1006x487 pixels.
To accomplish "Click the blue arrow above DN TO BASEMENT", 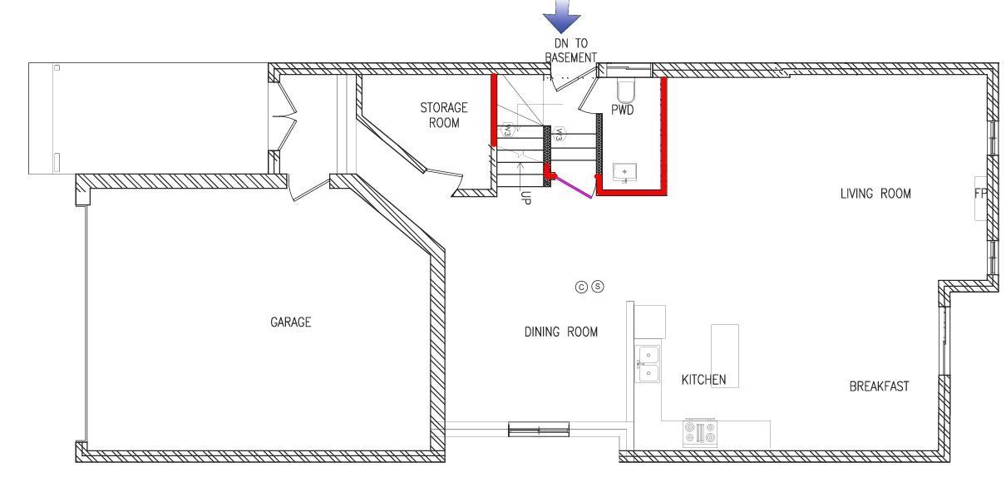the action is coord(562,17).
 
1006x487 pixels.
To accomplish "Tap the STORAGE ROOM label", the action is coord(444,116).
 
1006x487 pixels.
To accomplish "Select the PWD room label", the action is coord(623,110).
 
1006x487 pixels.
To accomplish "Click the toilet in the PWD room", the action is coord(625,91).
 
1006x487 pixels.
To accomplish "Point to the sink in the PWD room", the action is coord(624,172).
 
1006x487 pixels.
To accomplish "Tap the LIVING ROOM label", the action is coord(875,194).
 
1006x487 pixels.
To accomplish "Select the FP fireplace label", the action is coord(980,194).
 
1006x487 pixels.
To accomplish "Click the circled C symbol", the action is coord(581,288).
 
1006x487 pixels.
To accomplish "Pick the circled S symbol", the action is coord(598,286).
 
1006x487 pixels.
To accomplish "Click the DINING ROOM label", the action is coord(561,332).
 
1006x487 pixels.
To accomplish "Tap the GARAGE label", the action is coord(290,322).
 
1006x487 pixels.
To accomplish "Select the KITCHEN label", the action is coord(703,380).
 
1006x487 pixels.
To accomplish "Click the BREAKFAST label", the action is coord(879,386).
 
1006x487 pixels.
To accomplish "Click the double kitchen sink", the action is coord(648,363).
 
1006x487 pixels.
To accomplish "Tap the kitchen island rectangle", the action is coord(725,356).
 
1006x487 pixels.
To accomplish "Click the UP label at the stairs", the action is coord(525,198).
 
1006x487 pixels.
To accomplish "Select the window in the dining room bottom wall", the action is coord(539,429).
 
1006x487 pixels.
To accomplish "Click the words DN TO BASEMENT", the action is coord(571,50).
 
